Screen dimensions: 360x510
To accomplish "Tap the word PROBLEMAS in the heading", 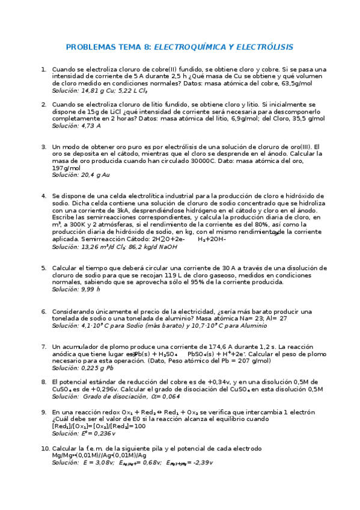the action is point(89,47).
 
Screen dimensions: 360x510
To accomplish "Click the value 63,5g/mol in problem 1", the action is point(295,84).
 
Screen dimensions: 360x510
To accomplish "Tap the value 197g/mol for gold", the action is point(66,168).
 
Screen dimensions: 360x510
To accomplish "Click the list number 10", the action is point(45,449).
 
